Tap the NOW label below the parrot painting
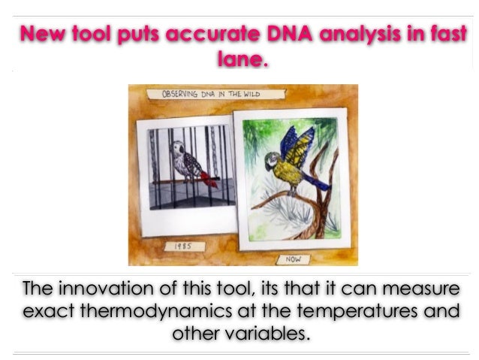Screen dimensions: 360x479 point(293,259)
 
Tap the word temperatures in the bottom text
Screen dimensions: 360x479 point(357,310)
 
